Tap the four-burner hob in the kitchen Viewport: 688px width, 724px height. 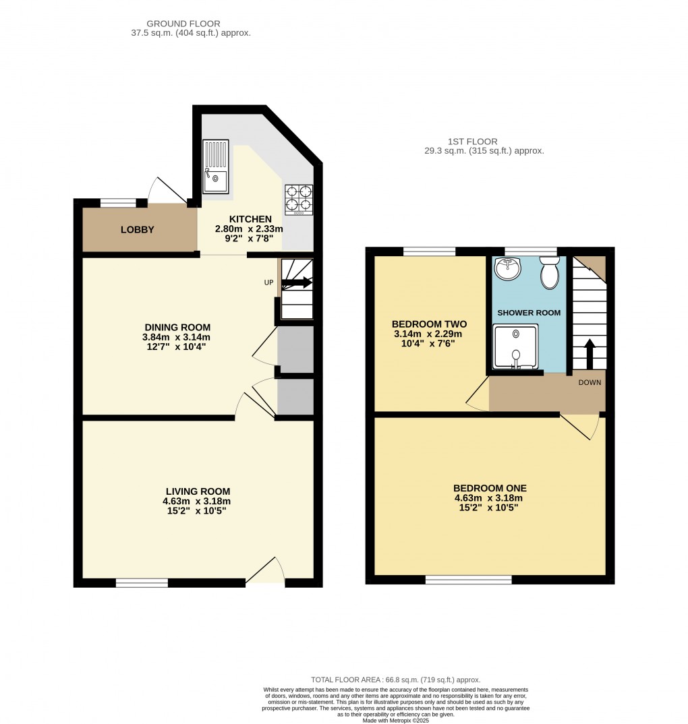tap(298, 200)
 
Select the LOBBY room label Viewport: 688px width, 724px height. tap(138, 230)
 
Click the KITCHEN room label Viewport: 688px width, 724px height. tap(250, 219)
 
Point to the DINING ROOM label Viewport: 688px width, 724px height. tap(176, 327)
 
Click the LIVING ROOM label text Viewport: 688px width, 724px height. tap(198, 491)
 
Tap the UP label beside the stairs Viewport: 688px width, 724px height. tap(268, 282)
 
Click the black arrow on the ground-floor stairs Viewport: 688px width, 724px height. tap(297, 283)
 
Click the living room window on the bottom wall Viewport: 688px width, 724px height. tap(142, 582)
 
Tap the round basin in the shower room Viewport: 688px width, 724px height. tap(507, 269)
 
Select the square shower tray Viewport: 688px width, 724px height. tap(516, 346)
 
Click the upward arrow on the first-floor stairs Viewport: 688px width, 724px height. tap(589, 352)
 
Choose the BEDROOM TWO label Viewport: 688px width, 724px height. tap(429, 324)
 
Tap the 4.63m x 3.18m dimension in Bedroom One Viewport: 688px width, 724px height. tap(489, 498)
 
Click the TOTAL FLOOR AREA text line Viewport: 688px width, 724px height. tap(395, 680)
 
